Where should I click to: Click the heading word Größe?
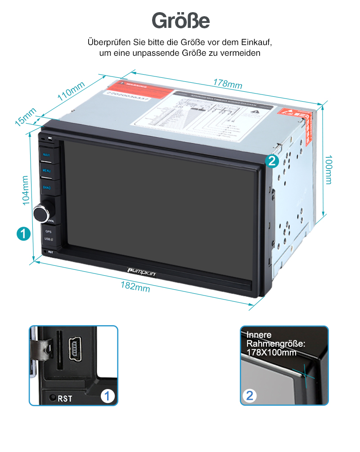pos(180,20)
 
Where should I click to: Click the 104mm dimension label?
pos(26,189)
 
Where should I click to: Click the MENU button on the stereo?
pos(47,171)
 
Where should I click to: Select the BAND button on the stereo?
pos(47,187)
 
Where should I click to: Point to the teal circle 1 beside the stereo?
pos(23,233)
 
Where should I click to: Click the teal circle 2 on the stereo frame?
pos(272,161)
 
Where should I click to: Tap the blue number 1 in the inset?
pos(107,396)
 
